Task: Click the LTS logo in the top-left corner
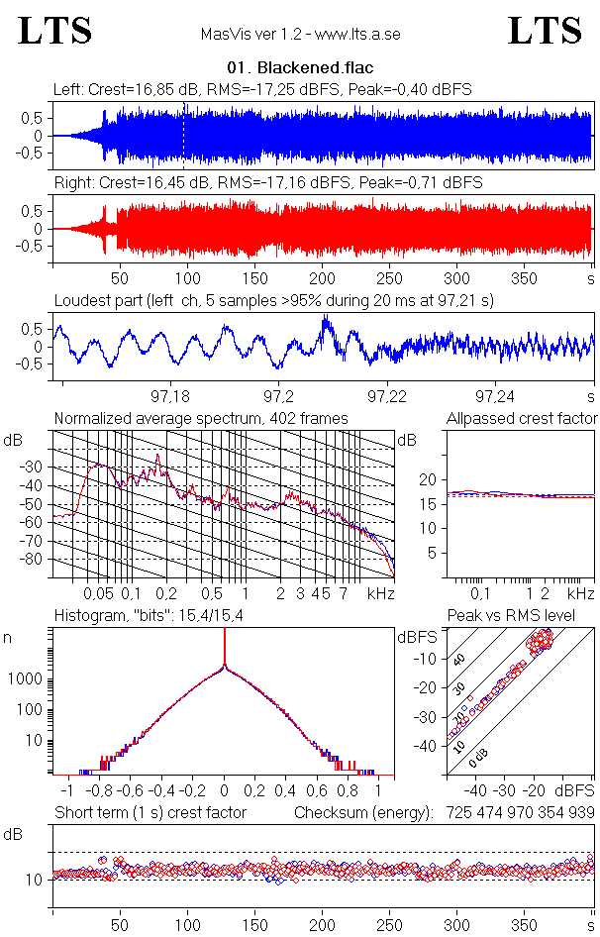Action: pos(55,31)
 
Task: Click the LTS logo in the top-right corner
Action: pos(545,31)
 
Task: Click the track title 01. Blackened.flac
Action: pos(299,69)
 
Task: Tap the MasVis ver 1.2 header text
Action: pos(299,35)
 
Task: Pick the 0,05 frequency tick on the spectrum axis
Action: pos(99,593)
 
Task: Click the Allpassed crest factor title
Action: pos(522,419)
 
